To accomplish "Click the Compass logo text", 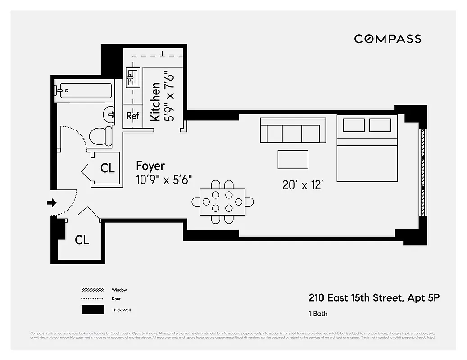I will click(387, 39).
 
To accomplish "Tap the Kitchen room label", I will click(155, 101).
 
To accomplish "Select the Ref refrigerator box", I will click(133, 116).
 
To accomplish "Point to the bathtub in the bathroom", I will click(84, 90).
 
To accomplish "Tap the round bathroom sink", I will click(110, 114).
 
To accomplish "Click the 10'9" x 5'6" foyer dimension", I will click(164, 180).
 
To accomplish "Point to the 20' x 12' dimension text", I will click(303, 185).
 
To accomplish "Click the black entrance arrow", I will click(51, 203).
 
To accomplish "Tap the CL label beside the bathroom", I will click(108, 168).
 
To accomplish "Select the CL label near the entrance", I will click(82, 240).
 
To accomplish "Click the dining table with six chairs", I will click(222, 202).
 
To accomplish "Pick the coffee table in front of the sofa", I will click(293, 160).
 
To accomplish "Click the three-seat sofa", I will click(293, 130).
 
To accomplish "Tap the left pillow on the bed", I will click(354, 125).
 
